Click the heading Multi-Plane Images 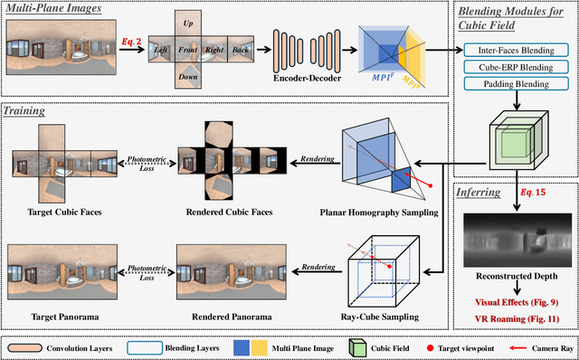point(53,9)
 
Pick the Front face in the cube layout point(188,50)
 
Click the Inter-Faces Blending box point(511,50)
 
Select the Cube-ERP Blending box point(511,67)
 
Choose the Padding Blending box point(511,83)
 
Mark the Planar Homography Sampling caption point(380,214)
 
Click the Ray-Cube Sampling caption point(380,317)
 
